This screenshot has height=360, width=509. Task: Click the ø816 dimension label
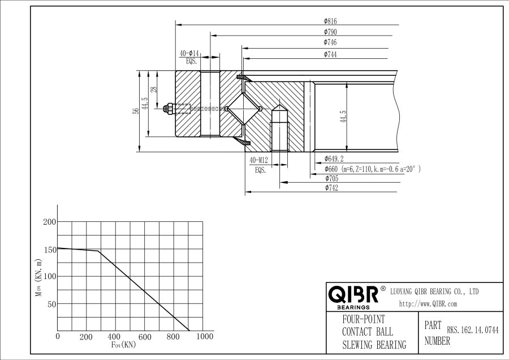tap(330, 21)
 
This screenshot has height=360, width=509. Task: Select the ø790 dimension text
tap(330, 32)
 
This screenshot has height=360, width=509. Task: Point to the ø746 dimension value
tap(330, 42)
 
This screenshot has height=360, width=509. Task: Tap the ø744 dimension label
tap(330, 54)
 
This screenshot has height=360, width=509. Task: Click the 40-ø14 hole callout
tap(189, 53)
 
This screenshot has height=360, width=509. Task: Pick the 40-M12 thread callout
tap(259, 160)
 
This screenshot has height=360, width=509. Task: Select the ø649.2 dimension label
tap(334, 159)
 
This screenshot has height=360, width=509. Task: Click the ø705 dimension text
tap(331, 179)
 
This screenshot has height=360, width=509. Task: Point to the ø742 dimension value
tap(331, 188)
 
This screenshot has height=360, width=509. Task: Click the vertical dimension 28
tap(154, 90)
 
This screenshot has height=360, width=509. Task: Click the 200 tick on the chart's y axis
tap(49, 222)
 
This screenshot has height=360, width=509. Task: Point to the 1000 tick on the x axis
tap(204, 337)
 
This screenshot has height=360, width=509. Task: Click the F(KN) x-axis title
tap(123, 345)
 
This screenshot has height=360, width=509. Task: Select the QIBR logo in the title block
tap(353, 295)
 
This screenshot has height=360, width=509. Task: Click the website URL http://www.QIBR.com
tap(428, 304)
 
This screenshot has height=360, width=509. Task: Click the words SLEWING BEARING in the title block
tap(374, 345)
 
